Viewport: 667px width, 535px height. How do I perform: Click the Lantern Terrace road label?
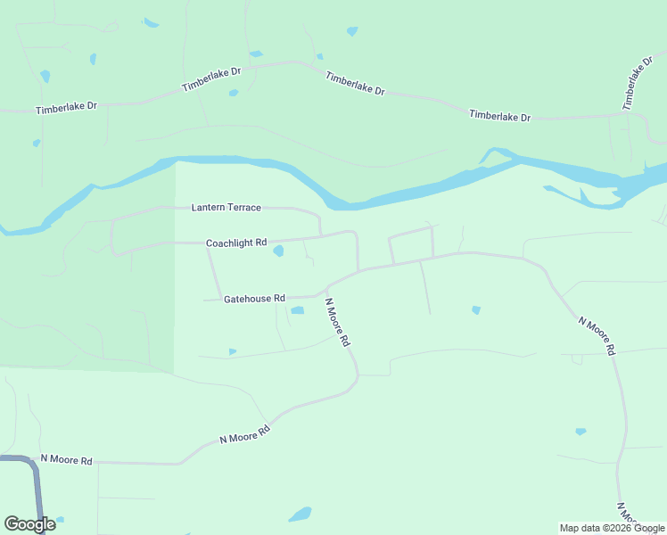(226, 208)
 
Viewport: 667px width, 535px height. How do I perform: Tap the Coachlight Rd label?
(236, 243)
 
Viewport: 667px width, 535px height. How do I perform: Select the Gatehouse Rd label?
(254, 299)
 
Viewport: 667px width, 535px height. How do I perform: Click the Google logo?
(29, 524)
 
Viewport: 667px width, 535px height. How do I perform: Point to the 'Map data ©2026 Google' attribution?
(613, 528)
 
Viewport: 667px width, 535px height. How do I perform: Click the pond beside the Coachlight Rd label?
(278, 251)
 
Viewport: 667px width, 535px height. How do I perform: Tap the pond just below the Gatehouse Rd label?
(297, 310)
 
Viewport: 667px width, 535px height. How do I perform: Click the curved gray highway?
(37, 481)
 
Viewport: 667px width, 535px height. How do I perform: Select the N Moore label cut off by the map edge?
(628, 514)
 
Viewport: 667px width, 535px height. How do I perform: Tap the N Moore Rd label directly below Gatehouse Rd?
(337, 322)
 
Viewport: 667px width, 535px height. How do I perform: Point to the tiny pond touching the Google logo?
(60, 520)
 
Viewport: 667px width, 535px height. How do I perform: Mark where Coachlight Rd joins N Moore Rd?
(358, 269)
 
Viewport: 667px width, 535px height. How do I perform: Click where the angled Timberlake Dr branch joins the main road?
(619, 114)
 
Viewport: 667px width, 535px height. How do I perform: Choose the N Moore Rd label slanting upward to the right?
(244, 436)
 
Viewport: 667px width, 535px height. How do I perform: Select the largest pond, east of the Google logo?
(301, 514)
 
